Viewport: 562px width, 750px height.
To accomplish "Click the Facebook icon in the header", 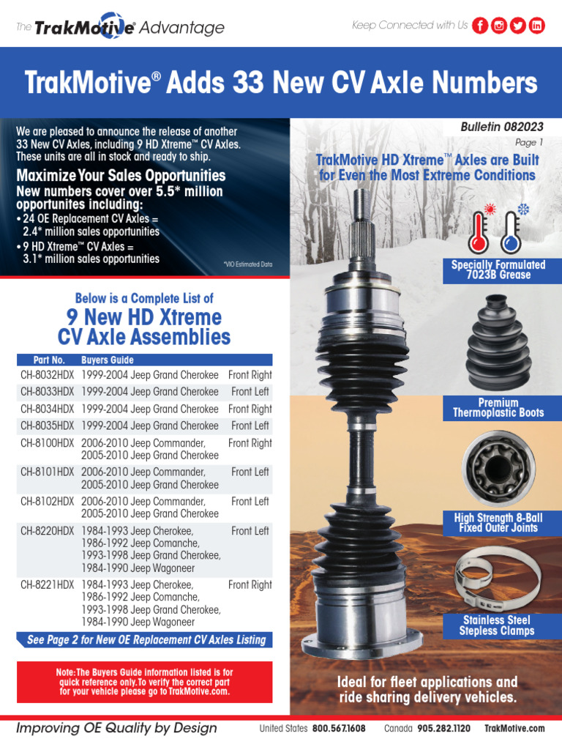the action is tap(480, 26).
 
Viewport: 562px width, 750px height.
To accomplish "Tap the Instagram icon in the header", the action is tap(499, 26).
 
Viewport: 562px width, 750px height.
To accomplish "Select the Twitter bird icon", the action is tap(517, 26).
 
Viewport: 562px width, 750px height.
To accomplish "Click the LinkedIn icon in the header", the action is tap(536, 26).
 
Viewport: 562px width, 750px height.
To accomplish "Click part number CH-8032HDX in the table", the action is tap(48, 375).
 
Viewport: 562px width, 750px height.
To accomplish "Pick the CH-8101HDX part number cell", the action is tap(48, 472).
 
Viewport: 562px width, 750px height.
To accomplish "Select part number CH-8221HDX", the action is tap(48, 585).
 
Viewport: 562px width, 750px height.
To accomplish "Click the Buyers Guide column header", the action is tap(108, 360).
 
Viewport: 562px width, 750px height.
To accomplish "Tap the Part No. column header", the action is tap(49, 360).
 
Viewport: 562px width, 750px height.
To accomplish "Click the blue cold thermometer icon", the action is tap(513, 229).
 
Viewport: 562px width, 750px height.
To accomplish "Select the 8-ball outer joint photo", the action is tap(498, 468).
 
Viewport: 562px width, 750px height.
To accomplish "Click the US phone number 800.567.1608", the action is tap(339, 729).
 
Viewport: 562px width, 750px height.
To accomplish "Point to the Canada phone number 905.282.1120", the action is tap(443, 729).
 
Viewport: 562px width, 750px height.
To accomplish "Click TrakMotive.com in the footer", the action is tap(514, 729).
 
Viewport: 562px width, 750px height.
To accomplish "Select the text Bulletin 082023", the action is tap(502, 127).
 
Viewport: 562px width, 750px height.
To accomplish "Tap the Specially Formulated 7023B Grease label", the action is tap(498, 270).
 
